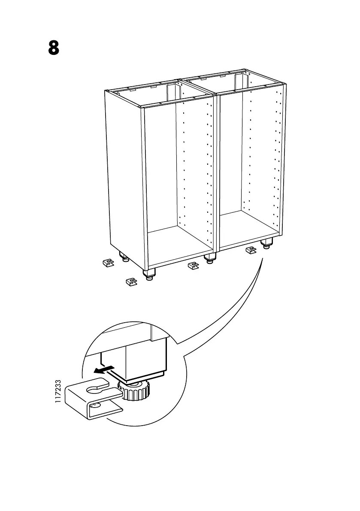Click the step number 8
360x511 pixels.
tap(53, 48)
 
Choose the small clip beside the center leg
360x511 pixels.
tap(194, 266)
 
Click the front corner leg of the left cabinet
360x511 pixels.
tap(149, 274)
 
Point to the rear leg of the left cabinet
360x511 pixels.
tap(124, 258)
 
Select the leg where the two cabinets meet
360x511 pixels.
tap(209, 258)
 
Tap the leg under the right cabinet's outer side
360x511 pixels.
tap(266, 244)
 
